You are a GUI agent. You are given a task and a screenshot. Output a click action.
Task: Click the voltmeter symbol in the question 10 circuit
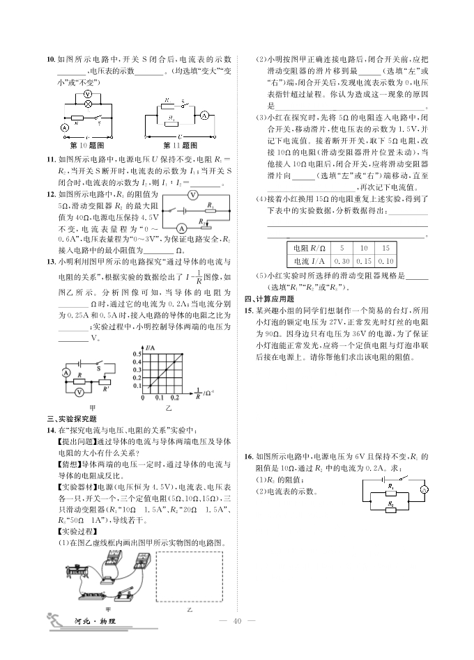pos(88,93)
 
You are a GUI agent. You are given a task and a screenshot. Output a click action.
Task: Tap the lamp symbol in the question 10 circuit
pos(88,104)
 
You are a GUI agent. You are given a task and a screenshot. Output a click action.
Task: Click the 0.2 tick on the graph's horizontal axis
pos(174,398)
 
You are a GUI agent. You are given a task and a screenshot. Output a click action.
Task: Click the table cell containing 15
pos(385,248)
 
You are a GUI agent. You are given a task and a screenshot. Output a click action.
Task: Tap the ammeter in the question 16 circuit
pos(423,490)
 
